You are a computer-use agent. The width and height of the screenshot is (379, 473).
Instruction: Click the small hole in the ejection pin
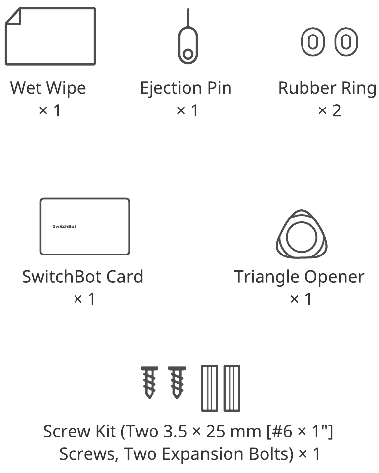(x=188, y=54)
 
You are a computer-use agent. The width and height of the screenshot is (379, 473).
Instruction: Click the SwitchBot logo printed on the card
(x=65, y=226)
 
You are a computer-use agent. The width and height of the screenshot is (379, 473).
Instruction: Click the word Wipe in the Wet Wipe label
(x=66, y=88)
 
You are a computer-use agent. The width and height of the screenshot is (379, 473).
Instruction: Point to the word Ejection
(x=171, y=88)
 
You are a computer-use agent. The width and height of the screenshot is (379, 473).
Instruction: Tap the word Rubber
(x=307, y=88)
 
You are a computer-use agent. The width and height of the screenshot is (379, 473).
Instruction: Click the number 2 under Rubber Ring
(x=337, y=110)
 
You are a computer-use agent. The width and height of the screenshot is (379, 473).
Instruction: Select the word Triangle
(x=267, y=277)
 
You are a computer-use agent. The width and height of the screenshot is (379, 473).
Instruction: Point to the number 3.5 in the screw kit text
(x=175, y=432)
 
